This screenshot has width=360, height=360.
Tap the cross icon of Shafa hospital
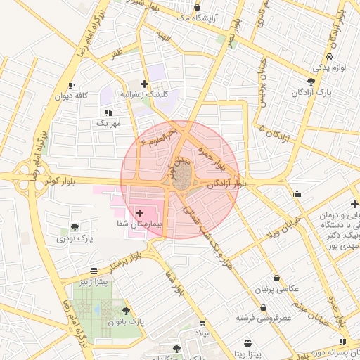(139, 212)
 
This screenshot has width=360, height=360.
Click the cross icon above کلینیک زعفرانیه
(144, 84)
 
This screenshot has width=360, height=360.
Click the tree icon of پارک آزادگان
(311, 82)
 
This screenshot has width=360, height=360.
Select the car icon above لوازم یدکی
(330, 56)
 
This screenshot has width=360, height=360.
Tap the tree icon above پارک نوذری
(75, 227)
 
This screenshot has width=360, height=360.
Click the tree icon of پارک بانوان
(126, 310)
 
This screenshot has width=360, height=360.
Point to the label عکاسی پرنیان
(279, 289)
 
